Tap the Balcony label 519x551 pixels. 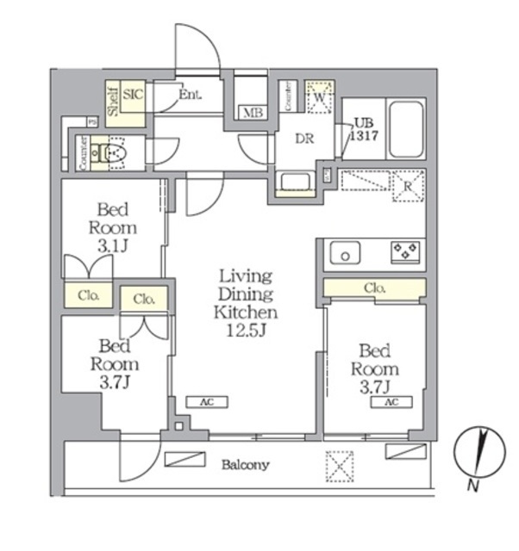coord(245,465)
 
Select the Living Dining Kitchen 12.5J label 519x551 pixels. coord(246,303)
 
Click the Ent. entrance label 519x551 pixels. coord(190,95)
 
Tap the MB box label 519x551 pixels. coord(252,113)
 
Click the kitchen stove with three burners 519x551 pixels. coord(404,251)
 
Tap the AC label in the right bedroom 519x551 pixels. coord(391,402)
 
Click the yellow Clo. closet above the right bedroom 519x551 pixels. coord(374,287)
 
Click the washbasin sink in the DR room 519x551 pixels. coord(296,182)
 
